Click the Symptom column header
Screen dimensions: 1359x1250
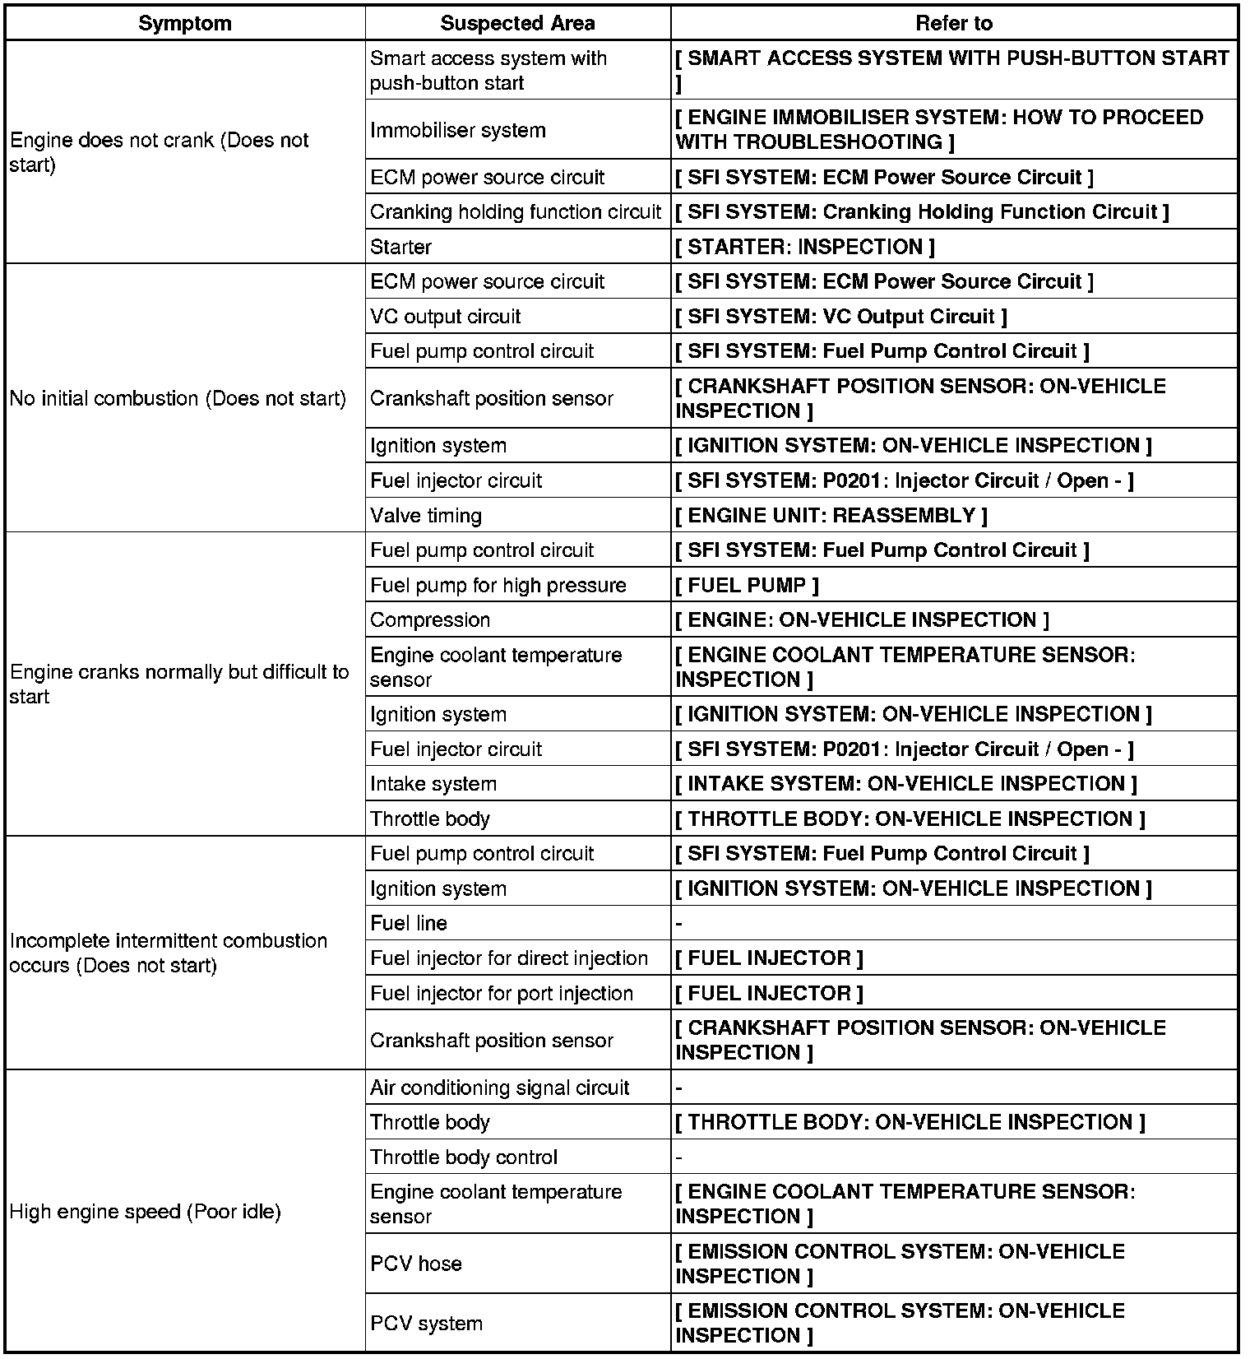pos(185,23)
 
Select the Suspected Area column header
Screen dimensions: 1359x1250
pos(517,23)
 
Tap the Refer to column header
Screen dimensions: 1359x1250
pos(954,23)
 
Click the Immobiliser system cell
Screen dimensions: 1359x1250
pos(458,130)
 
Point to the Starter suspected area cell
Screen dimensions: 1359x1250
pos(401,247)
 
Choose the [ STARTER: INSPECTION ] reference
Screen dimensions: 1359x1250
pos(805,247)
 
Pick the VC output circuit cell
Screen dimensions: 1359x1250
pos(446,317)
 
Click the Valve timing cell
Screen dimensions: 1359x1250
pos(426,516)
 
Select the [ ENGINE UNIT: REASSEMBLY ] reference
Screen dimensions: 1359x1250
pos(831,516)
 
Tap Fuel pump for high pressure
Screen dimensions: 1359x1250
pos(498,586)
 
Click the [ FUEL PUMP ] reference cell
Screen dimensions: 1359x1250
pos(748,586)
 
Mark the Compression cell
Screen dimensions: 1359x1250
pos(430,620)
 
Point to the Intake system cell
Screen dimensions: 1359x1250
pos(433,784)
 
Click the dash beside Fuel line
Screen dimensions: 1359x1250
pos(679,924)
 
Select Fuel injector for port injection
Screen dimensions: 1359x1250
pos(502,994)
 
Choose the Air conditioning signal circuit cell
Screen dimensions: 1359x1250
pos(500,1088)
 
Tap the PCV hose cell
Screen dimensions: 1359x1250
pos(416,1264)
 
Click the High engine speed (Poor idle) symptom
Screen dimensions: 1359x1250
pos(146,1212)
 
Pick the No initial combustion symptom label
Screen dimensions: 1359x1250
pos(178,399)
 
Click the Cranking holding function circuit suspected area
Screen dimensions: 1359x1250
pos(516,212)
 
